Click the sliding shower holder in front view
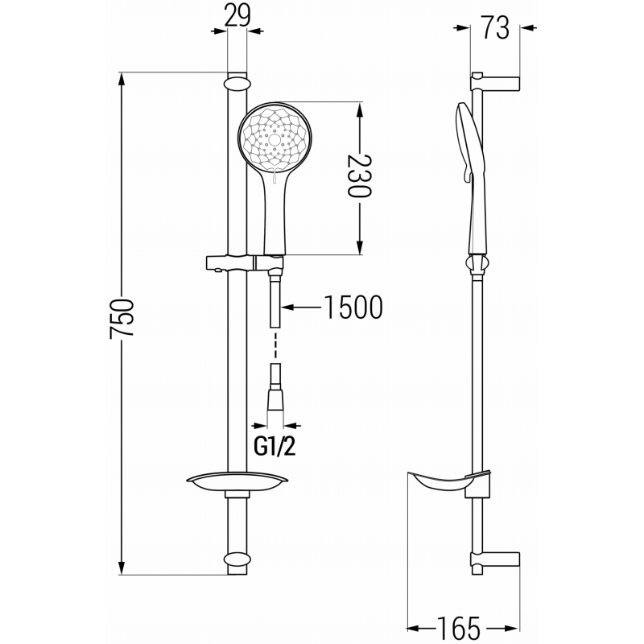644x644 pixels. [x=242, y=262]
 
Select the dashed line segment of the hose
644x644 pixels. [x=276, y=345]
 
